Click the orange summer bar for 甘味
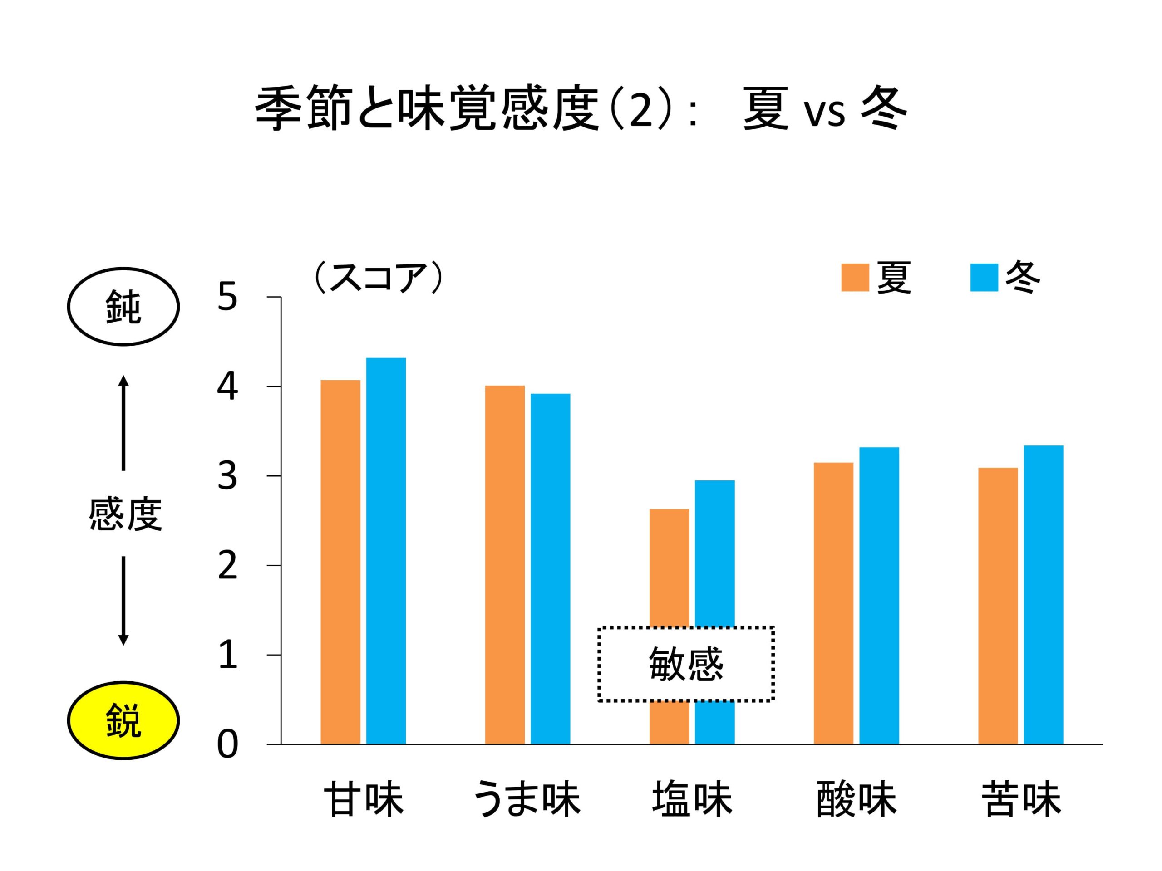(x=340, y=562)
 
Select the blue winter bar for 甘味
(x=386, y=551)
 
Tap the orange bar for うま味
(x=505, y=564)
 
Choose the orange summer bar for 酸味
(x=834, y=603)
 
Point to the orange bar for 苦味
(x=998, y=606)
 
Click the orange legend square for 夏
(x=855, y=277)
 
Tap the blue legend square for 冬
(x=984, y=277)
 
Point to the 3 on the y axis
(x=227, y=477)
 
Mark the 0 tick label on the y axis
(x=227, y=744)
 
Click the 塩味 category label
(x=692, y=800)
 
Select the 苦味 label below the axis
(x=1021, y=800)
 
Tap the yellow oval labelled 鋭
(x=123, y=720)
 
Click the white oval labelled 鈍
(x=123, y=307)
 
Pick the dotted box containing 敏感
(x=686, y=664)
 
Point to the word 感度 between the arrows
(x=125, y=514)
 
